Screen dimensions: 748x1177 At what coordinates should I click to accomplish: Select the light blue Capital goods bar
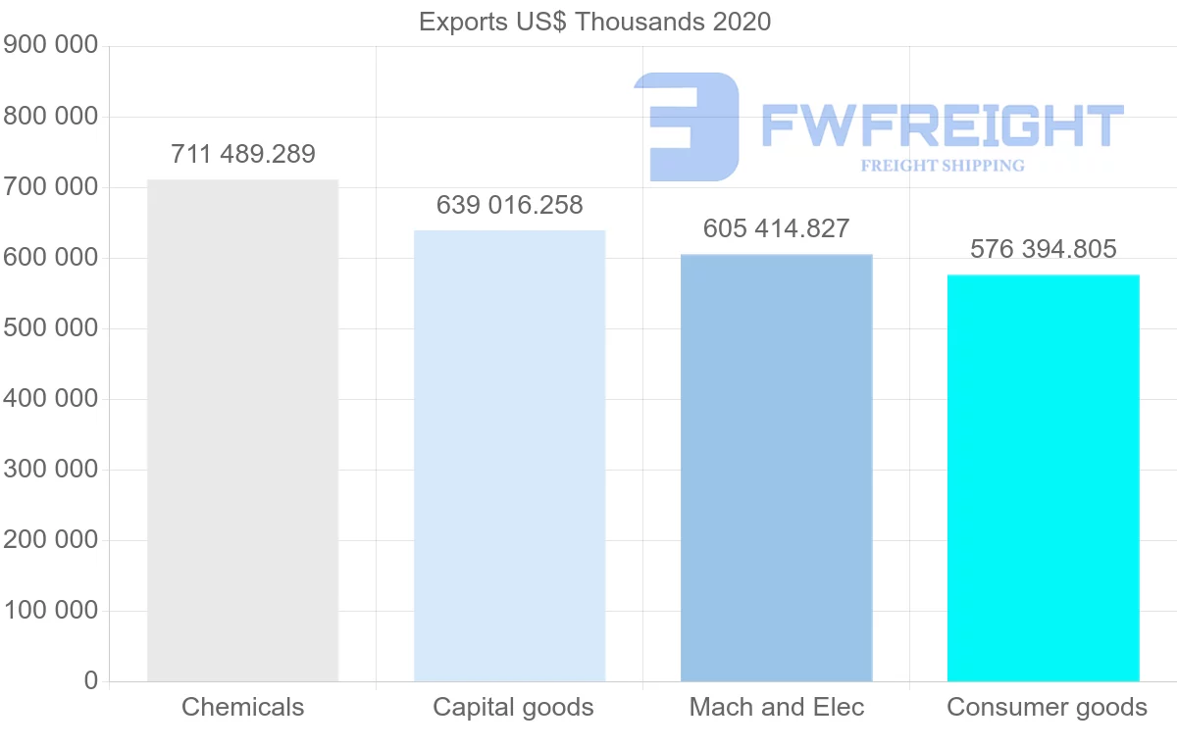[509, 455]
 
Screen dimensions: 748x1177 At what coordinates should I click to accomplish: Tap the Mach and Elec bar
[776, 468]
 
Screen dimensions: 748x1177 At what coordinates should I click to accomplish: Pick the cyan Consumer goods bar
[1043, 477]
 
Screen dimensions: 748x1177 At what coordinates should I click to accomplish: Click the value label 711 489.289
[243, 154]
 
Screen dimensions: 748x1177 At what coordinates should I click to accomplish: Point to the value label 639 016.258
[510, 206]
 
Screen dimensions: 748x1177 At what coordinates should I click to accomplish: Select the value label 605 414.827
[776, 228]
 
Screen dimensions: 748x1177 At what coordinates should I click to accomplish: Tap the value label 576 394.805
[1044, 249]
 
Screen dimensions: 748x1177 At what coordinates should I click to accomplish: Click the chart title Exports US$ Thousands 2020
[594, 22]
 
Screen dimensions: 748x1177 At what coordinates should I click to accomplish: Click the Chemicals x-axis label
[243, 707]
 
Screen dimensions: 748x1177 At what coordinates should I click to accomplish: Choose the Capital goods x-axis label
[513, 707]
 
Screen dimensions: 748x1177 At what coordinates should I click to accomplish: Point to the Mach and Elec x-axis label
[777, 707]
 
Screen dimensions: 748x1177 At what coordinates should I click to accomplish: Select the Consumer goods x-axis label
[1047, 707]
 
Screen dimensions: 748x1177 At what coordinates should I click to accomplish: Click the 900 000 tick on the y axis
[51, 46]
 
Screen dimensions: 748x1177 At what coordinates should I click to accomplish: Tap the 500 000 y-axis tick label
[51, 328]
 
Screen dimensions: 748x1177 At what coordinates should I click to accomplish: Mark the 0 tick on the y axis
[91, 681]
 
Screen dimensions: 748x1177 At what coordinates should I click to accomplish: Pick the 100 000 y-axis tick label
[51, 611]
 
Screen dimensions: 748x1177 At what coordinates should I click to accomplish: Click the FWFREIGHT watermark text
[942, 125]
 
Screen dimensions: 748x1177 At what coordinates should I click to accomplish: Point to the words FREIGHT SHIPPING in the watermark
[942, 166]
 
